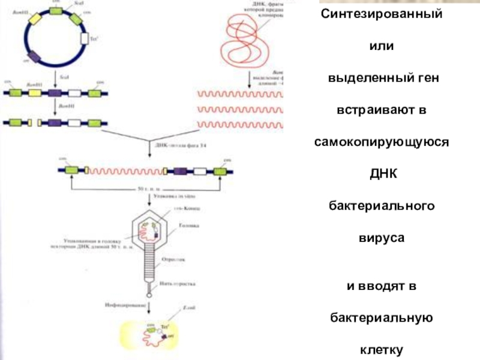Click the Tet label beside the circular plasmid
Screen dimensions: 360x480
click(x=94, y=40)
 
